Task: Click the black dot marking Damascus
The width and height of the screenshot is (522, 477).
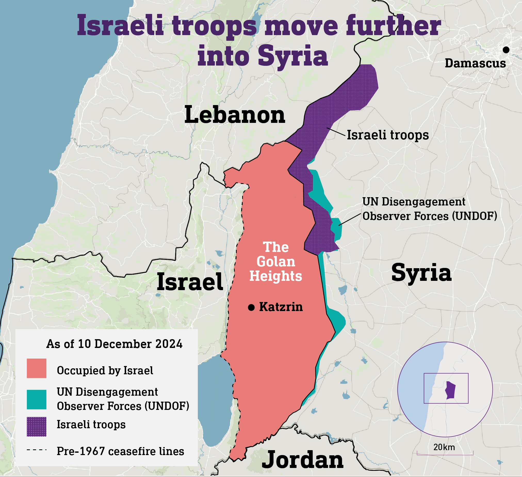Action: [506, 50]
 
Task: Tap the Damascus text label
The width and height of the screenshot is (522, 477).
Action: [475, 63]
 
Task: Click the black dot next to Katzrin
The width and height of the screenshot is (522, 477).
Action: [251, 308]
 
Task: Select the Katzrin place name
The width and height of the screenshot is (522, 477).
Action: [281, 307]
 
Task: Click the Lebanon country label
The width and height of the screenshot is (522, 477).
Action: [235, 115]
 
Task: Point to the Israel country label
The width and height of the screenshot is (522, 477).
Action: [190, 282]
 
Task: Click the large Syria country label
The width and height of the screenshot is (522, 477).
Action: [421, 273]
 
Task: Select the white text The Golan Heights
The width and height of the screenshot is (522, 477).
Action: [276, 262]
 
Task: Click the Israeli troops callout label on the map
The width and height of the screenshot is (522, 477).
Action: [388, 135]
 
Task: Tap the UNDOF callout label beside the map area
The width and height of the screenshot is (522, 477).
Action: [430, 209]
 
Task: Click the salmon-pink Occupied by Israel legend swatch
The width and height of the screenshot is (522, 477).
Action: [37, 368]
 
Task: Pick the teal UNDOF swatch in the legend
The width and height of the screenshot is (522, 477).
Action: [37, 399]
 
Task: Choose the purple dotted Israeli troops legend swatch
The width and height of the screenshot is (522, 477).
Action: [37, 426]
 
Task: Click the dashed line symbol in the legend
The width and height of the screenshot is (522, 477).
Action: [37, 450]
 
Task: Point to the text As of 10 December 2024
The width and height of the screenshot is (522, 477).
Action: [114, 344]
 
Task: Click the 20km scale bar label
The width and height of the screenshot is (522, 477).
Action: [444, 447]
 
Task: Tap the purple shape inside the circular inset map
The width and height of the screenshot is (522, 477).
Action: [451, 390]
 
